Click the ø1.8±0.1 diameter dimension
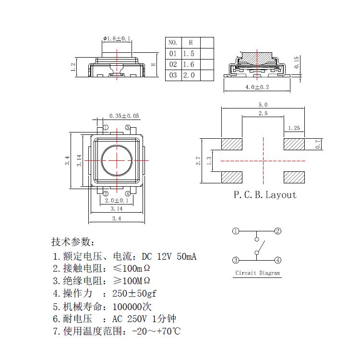[117, 38]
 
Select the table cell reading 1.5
[189, 54]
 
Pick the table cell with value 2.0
[189, 75]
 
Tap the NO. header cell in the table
[173, 43]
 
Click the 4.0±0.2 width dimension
[257, 87]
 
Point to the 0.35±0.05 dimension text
[124, 116]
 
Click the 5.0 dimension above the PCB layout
[263, 105]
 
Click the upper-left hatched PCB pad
[232, 144]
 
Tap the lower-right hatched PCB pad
[294, 177]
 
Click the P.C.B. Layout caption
[265, 195]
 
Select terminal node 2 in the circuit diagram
[277, 231]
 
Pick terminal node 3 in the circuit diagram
[236, 260]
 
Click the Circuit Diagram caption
[257, 273]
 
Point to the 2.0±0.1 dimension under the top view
[117, 201]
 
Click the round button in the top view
[117, 160]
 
